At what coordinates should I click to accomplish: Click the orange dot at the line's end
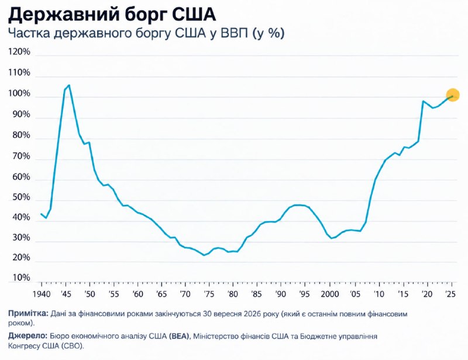tap(452, 95)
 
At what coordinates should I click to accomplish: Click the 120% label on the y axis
tap(19, 51)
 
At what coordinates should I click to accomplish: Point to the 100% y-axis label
tap(19, 94)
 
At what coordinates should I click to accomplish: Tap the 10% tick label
tap(21, 278)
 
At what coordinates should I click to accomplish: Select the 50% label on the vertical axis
tap(21, 197)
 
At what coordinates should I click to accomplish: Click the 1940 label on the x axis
tap(42, 294)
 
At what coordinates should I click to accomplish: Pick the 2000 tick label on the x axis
tap(330, 294)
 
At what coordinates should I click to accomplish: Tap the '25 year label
tap(450, 294)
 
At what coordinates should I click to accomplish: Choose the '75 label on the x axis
tap(209, 294)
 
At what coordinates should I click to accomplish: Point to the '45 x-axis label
tap(66, 294)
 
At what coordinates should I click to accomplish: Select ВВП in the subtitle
tap(235, 33)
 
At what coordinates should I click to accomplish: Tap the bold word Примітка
tap(28, 313)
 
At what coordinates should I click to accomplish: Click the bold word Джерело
tap(27, 336)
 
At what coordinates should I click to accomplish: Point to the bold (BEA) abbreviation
tap(179, 336)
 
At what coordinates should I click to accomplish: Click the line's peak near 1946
tap(69, 85)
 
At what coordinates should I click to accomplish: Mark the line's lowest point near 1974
tap(204, 255)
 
